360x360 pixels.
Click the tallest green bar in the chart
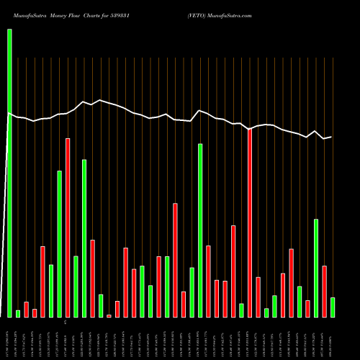tap(10, 173)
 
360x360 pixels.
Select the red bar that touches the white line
tap(250, 223)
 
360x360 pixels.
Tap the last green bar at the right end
tap(333, 307)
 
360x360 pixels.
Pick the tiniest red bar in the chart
tap(109, 316)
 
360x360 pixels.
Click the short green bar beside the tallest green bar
tap(18, 313)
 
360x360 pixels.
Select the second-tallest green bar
tap(200, 230)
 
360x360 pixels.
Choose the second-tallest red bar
tap(68, 228)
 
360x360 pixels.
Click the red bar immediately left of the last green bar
tap(324, 292)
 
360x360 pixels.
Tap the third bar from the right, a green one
tap(316, 268)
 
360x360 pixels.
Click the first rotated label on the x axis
tap(10, 338)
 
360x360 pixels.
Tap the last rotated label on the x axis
tap(333, 338)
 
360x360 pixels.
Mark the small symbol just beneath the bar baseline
tap(65, 321)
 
